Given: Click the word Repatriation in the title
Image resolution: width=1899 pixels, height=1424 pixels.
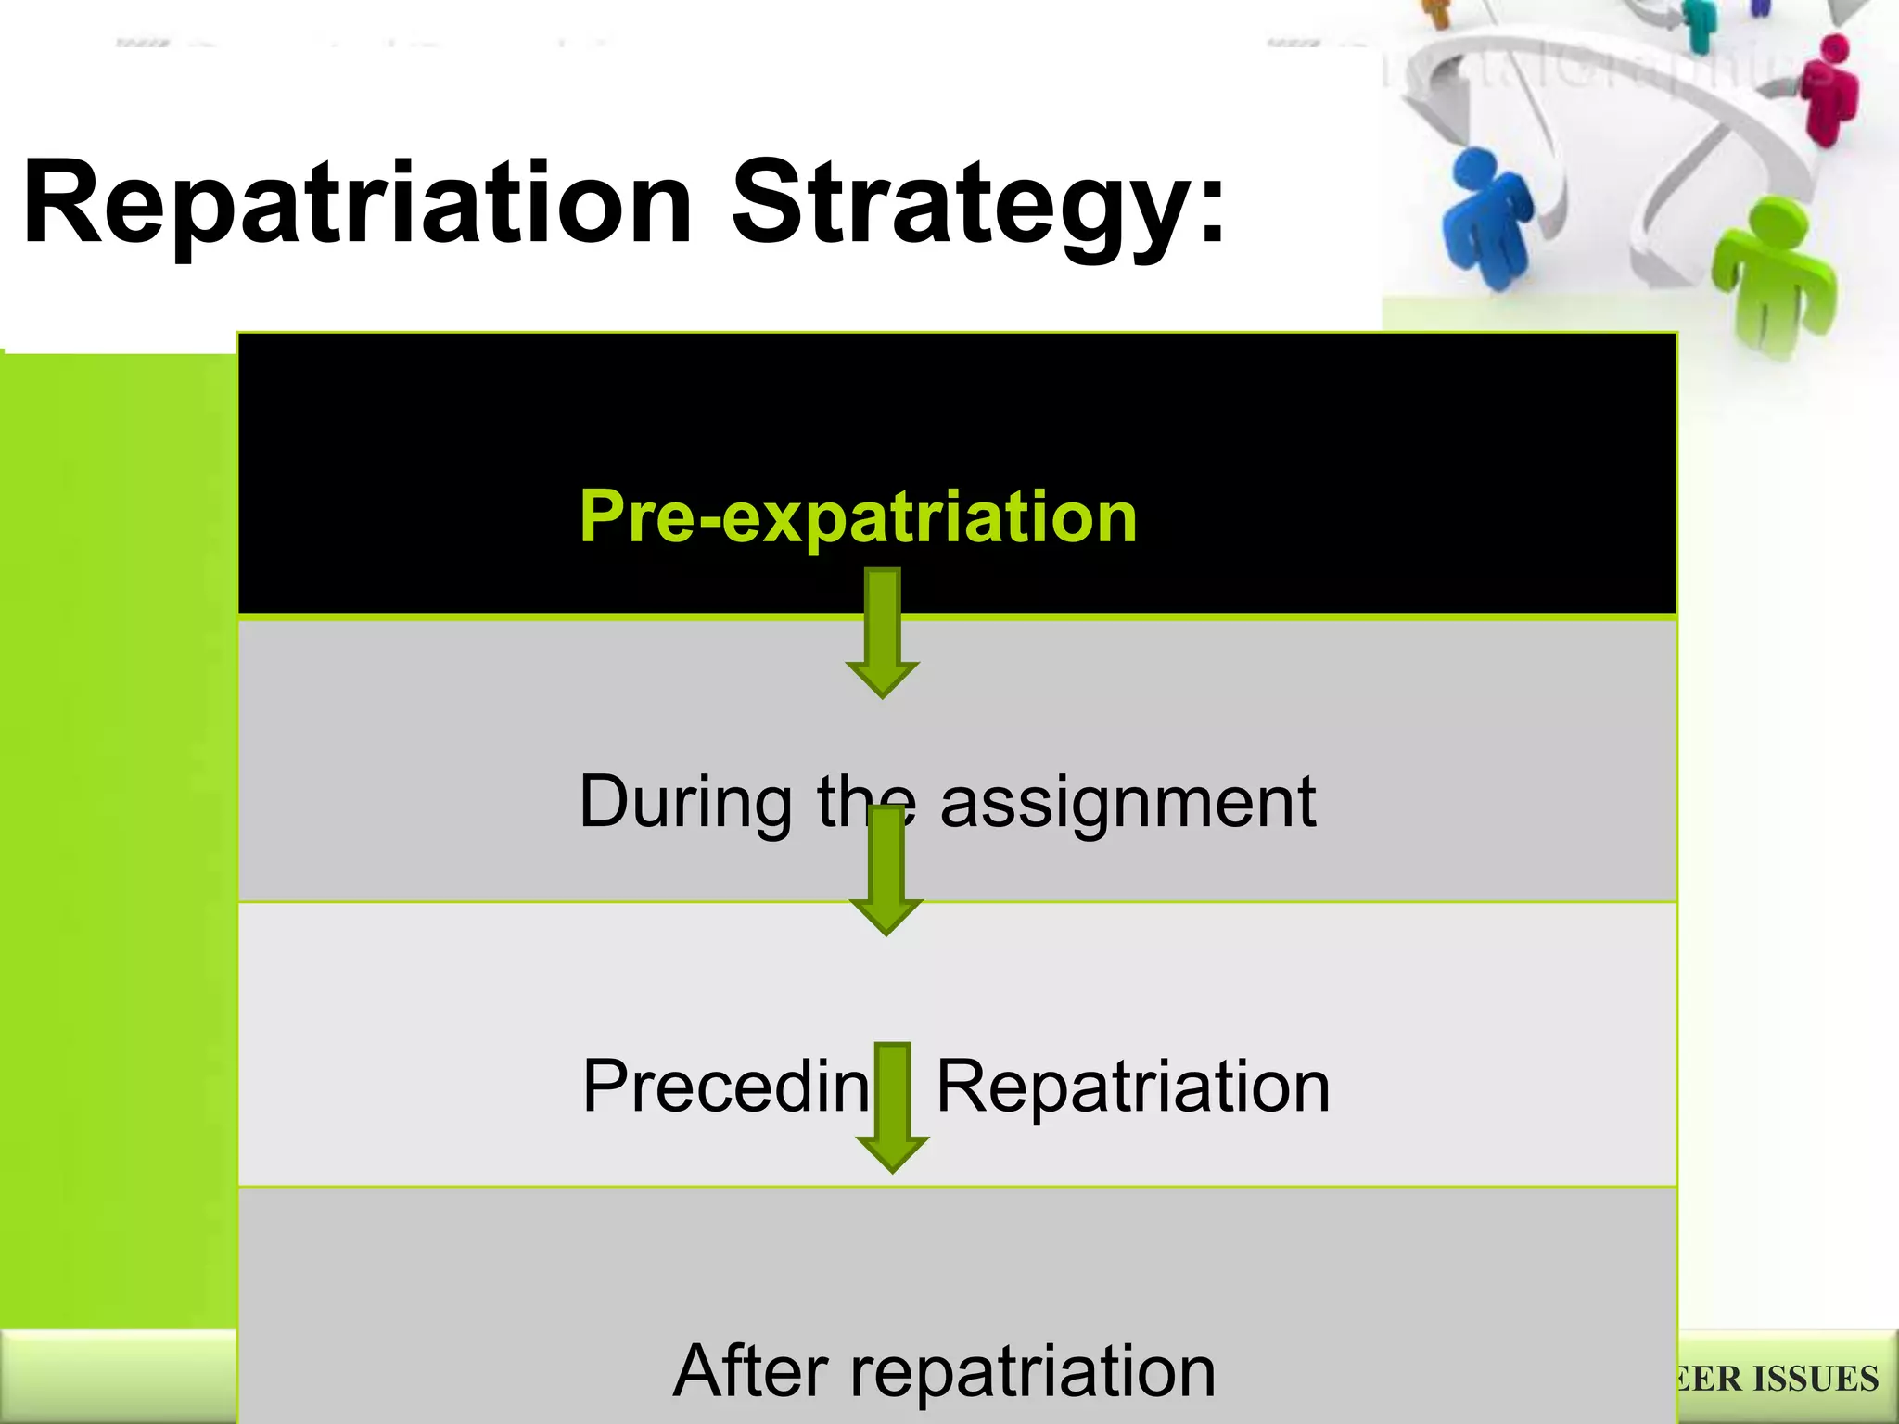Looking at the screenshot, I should pyautogui.click(x=357, y=204).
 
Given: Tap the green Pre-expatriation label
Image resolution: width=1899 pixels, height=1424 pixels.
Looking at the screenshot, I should pyautogui.click(x=858, y=516).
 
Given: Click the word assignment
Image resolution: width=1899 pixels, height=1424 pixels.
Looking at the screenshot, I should pyautogui.click(x=1128, y=802).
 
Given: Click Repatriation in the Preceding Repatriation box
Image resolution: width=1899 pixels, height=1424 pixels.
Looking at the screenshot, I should pyautogui.click(x=1133, y=1087).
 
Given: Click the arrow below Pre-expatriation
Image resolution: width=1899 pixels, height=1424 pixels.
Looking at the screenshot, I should pyautogui.click(x=882, y=635).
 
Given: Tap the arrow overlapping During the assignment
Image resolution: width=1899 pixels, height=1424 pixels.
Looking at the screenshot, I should pyautogui.click(x=886, y=871).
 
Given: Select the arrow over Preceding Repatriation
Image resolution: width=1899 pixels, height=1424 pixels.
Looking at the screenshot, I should pyautogui.click(x=892, y=1108).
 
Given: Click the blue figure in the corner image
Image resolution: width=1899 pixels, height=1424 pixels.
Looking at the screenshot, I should pyautogui.click(x=1488, y=222).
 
